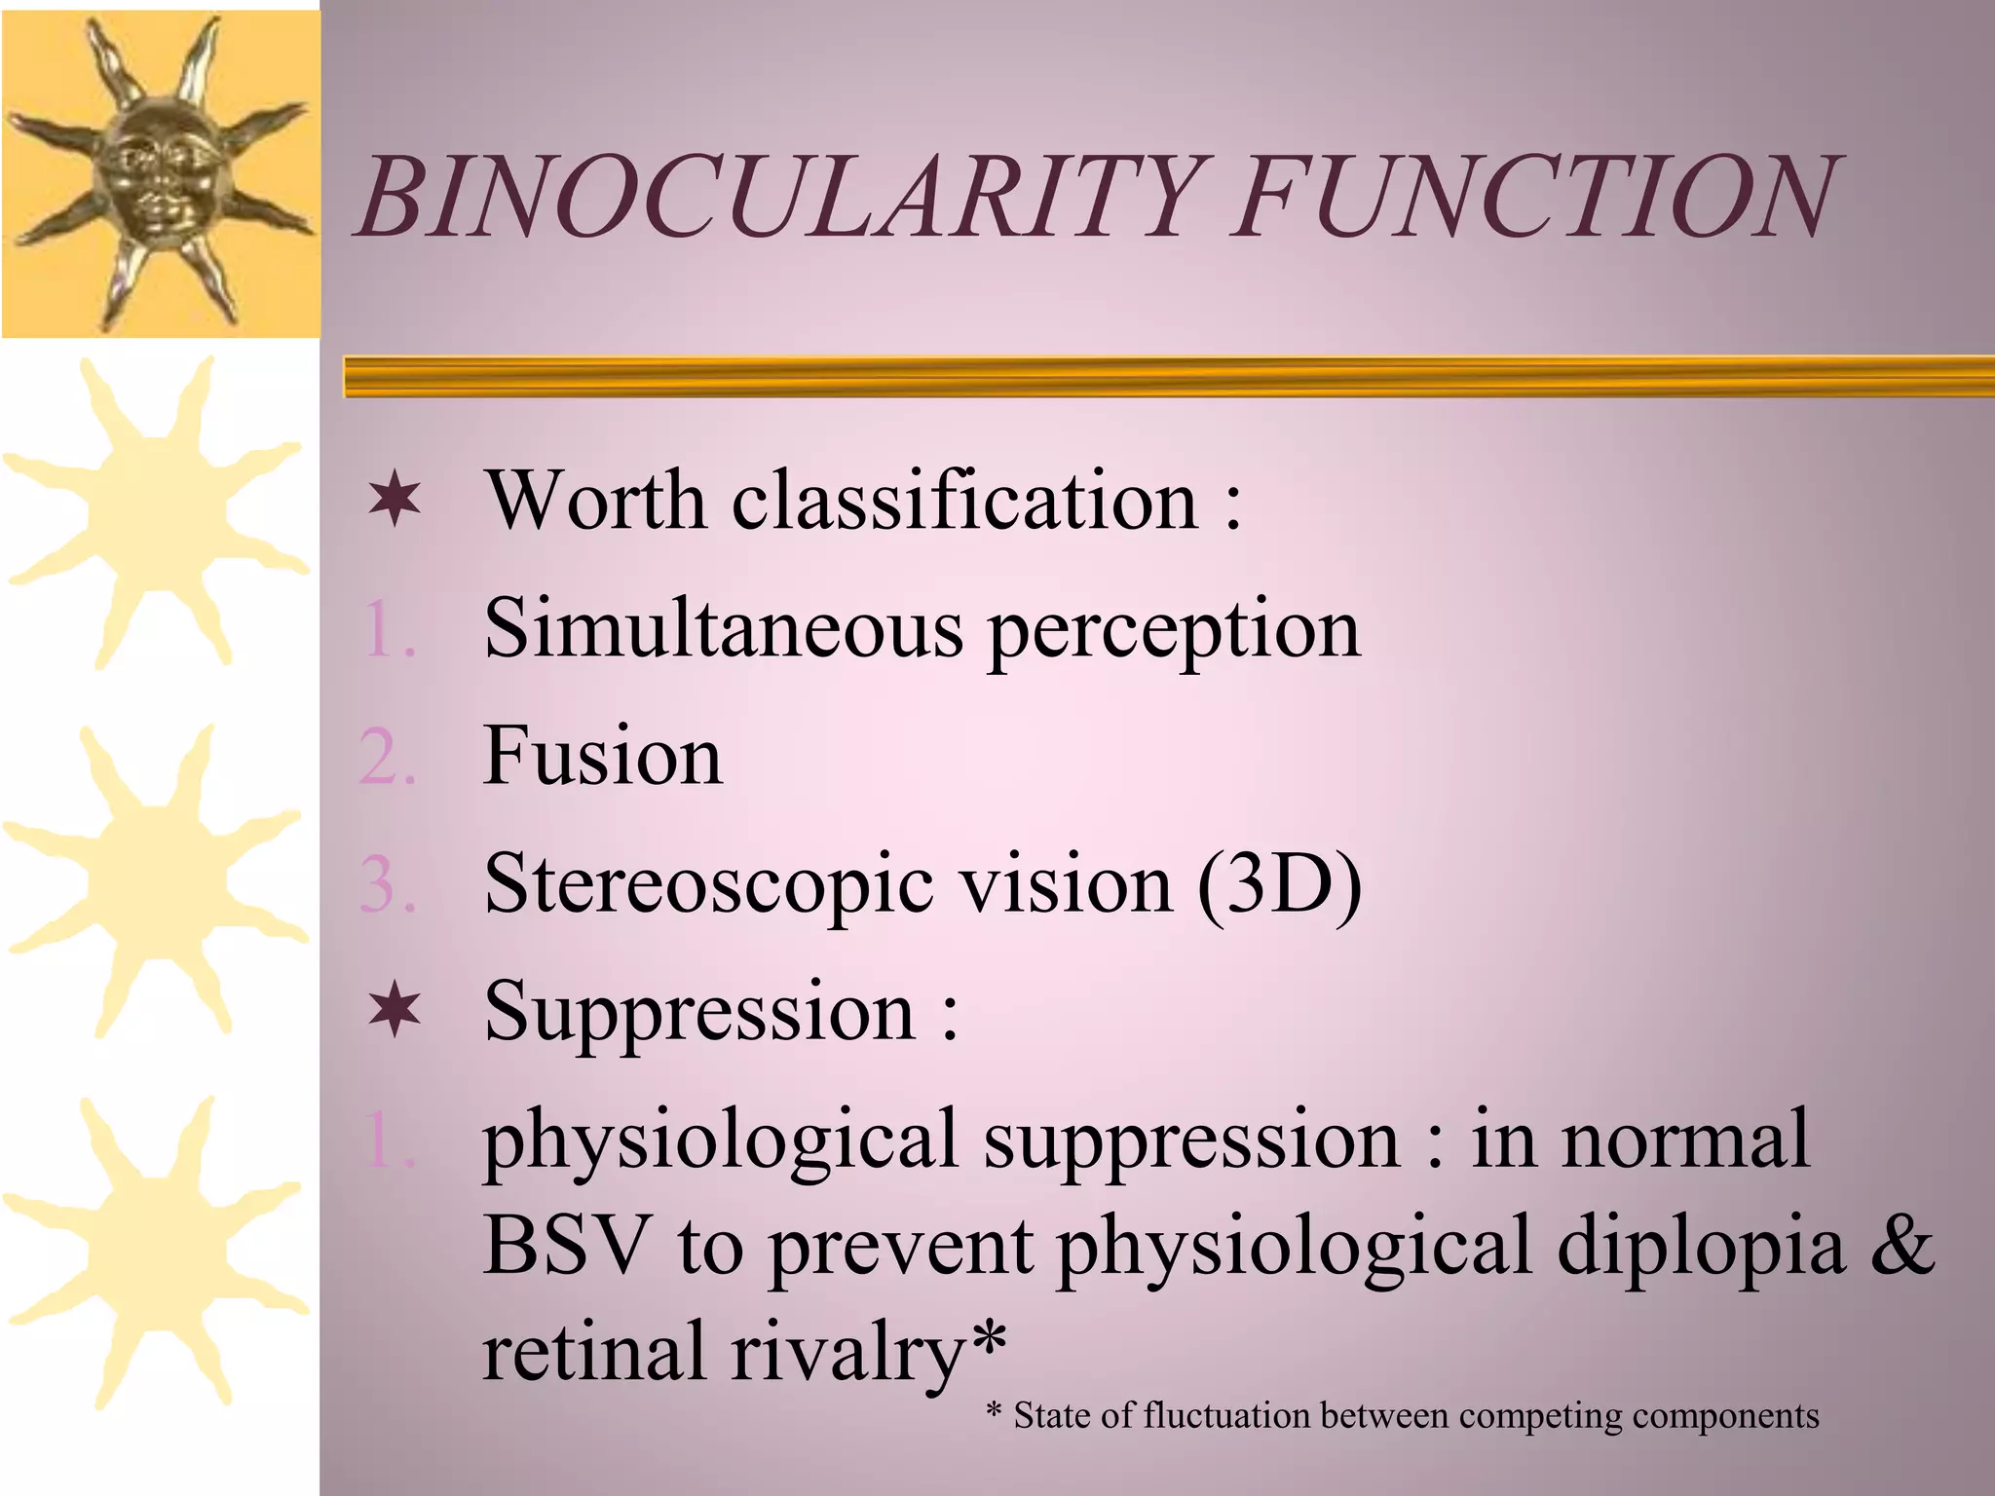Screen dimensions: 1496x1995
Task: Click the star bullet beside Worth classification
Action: pos(395,501)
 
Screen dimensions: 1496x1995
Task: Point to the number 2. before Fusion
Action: pos(387,758)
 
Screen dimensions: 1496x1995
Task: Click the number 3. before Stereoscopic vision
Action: pos(387,885)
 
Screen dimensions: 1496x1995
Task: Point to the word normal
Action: pos(1685,1139)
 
